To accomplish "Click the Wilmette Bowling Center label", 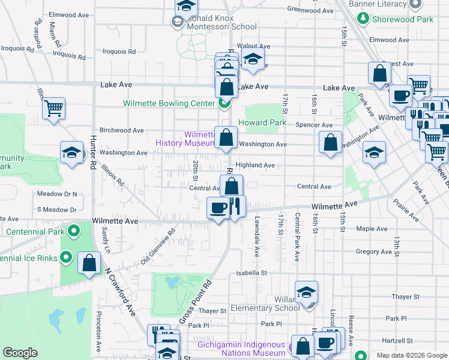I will point(169,103).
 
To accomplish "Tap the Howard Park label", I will point(262,123).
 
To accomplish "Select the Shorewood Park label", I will point(402,19).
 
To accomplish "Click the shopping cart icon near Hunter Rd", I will point(54,109).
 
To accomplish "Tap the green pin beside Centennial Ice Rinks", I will point(67,259).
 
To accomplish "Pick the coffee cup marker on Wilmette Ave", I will point(217,208).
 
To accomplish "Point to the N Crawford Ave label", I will point(120,291).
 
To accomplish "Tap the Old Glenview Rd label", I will point(158,246).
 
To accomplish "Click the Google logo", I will point(20,353).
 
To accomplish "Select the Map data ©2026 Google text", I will point(412,355).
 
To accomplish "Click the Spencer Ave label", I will point(314,125).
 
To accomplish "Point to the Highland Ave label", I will point(255,165).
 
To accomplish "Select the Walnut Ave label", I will point(251,46).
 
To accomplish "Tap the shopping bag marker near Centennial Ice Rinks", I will point(89,263).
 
